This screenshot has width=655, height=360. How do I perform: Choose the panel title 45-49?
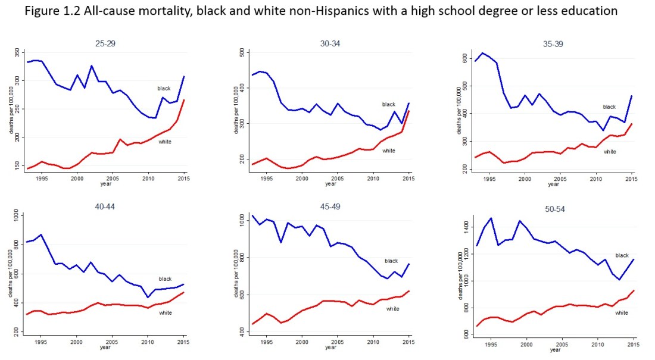coord(329,206)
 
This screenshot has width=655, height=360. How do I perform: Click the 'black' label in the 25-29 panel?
coord(164,88)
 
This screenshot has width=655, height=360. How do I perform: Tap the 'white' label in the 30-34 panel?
coord(389,151)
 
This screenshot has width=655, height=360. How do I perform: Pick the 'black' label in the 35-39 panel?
coord(609,107)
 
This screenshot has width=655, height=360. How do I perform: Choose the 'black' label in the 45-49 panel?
coord(391,261)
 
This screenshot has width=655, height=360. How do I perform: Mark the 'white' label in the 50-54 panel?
coord(622,313)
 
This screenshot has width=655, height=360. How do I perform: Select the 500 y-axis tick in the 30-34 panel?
coord(241,53)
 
